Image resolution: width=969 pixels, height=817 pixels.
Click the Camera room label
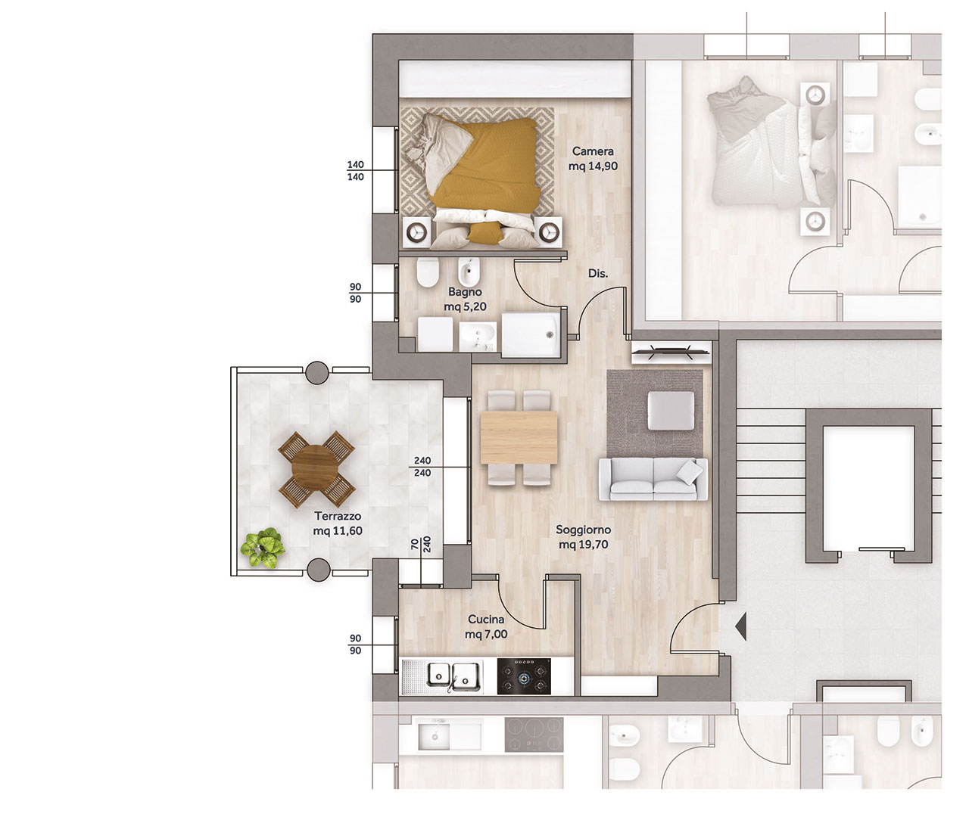click(x=593, y=159)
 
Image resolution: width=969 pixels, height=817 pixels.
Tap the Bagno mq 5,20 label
click(x=465, y=299)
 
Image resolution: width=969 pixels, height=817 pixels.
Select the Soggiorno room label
click(x=584, y=537)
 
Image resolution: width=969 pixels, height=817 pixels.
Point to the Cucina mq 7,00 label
click(x=486, y=626)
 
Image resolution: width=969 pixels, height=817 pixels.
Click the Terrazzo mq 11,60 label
click(x=338, y=523)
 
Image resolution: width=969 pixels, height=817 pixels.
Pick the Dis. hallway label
click(x=598, y=274)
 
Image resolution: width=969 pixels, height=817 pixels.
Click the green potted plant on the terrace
click(x=262, y=548)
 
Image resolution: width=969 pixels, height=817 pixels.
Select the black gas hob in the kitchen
click(x=524, y=676)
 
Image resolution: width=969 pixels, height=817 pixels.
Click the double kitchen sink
click(x=453, y=676)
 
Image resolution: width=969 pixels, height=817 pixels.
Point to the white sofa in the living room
click(x=653, y=479)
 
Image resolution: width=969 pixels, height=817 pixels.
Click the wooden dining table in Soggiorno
click(x=519, y=438)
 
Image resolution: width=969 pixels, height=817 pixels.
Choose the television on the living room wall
click(x=671, y=353)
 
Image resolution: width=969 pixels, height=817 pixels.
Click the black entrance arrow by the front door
click(x=741, y=626)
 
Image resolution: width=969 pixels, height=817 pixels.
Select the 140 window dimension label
click(x=356, y=171)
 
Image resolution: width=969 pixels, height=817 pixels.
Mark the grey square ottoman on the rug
click(x=671, y=410)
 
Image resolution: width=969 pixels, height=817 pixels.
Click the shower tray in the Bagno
click(x=531, y=334)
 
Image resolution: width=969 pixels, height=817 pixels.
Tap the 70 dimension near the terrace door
click(x=415, y=544)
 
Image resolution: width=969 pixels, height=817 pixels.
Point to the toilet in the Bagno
click(x=428, y=272)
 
